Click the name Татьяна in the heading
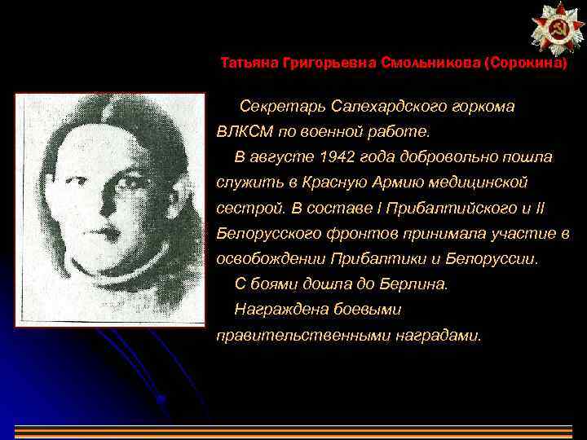[249, 63]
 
